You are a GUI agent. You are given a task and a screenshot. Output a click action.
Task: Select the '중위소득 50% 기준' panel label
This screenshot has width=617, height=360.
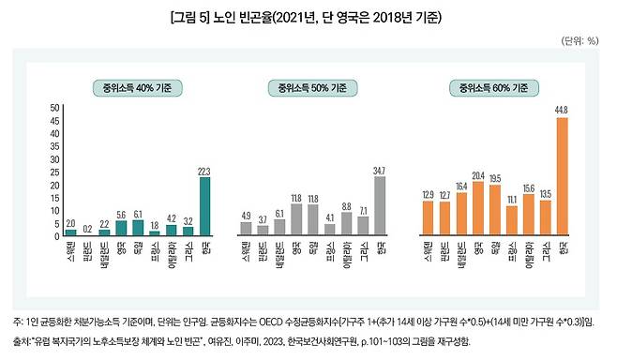tap(311, 89)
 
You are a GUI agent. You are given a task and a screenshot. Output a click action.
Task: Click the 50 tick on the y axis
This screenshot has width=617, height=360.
tap(55, 109)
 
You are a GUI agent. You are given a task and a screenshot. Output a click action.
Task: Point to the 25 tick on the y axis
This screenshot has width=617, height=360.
tap(55, 171)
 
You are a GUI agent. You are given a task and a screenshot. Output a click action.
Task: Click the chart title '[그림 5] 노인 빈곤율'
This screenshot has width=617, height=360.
tap(308, 17)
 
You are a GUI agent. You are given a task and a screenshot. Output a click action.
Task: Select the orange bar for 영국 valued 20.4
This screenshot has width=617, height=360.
tap(478, 207)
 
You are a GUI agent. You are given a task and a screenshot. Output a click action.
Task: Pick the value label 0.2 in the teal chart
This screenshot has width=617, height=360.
tap(87, 228)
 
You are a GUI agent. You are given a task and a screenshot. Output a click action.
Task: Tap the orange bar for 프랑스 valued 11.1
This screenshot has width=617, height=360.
tap(511, 219)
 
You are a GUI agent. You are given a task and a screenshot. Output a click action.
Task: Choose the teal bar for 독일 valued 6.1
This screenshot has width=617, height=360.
tap(138, 226)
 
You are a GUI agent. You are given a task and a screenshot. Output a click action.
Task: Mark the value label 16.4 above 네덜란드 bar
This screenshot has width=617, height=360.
tap(461, 187)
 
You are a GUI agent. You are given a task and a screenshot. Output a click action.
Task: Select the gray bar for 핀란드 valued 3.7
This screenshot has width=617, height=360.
tap(262, 229)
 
